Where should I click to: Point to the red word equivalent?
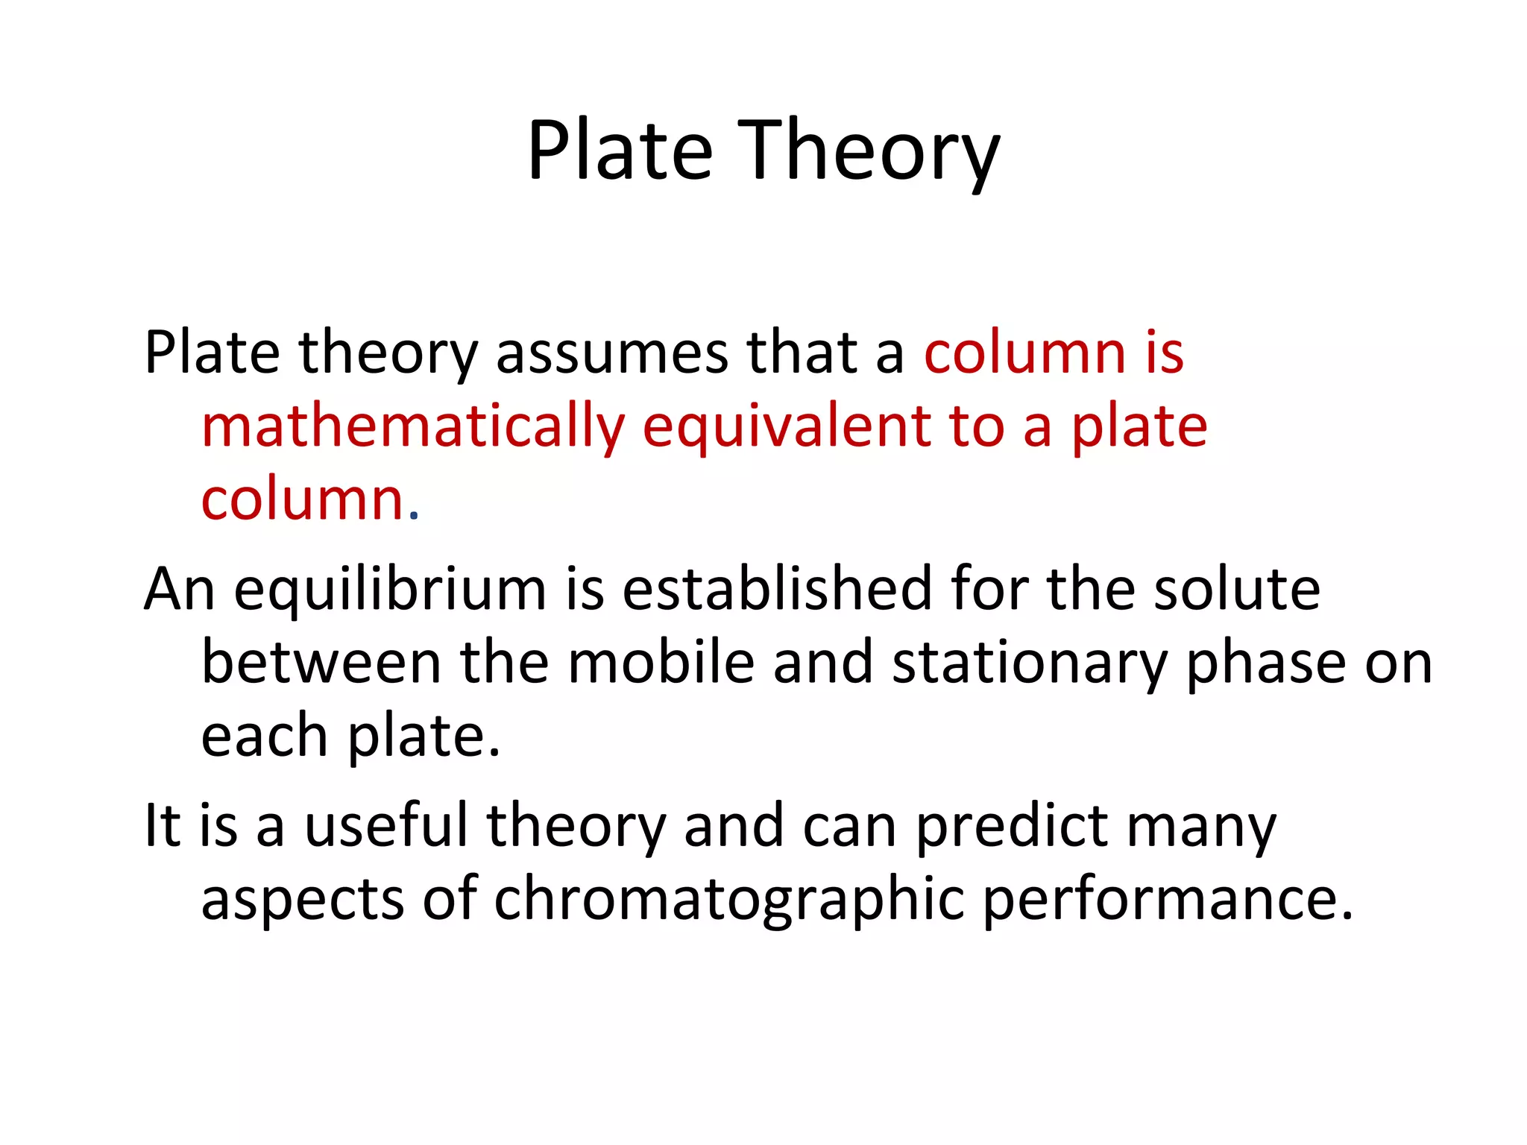[787, 426]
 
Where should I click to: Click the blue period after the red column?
[415, 514]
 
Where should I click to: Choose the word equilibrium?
[391, 590]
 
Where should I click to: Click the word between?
[321, 663]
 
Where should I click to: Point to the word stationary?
[1030, 663]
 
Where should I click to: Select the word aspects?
[303, 899]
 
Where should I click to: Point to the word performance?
[1168, 899]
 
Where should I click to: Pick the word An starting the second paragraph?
[180, 590]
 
